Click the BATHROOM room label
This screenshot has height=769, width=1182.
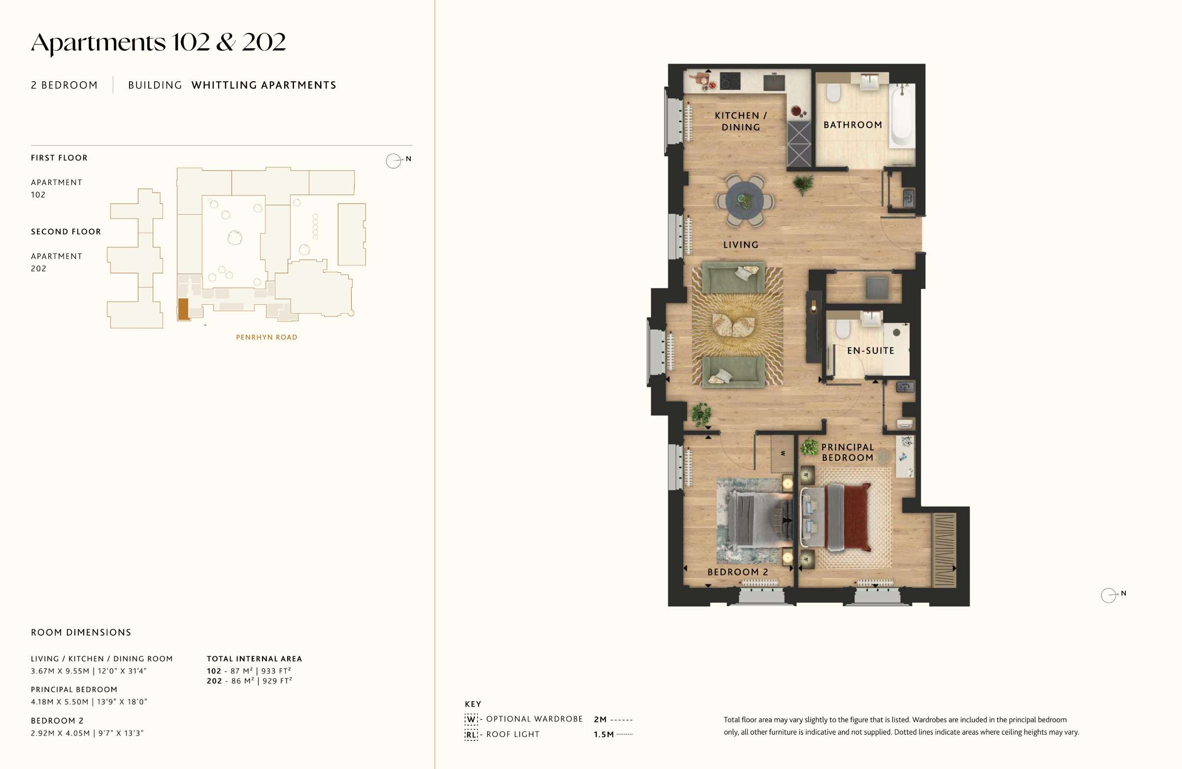pos(853,125)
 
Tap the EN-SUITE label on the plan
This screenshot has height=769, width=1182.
pos(871,351)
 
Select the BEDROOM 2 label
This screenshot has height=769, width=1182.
pos(737,572)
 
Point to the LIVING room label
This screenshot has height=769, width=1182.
pos(741,245)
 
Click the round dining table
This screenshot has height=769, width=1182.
pos(745,200)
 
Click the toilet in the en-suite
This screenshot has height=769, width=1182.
pos(842,328)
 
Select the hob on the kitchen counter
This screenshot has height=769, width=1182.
pos(730,81)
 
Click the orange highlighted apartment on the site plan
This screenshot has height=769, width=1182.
pos(183,309)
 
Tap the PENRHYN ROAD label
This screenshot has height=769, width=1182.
pos(267,337)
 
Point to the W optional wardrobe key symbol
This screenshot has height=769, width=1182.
pos(471,719)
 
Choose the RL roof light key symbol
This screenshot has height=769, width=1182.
pos(471,735)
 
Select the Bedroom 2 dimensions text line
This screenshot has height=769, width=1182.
pos(87,733)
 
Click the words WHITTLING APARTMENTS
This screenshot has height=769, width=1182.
pos(263,85)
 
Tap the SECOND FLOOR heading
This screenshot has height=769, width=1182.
pos(66,231)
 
